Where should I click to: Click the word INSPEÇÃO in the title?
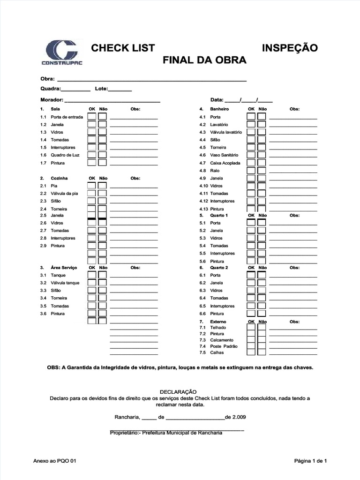tap(290, 48)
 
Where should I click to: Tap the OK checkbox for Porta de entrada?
tap(92, 117)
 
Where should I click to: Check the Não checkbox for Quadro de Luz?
tap(102, 155)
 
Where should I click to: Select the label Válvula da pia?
tap(65, 194)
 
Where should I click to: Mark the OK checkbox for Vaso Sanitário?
tap(252, 155)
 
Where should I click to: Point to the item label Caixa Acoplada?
tap(225, 163)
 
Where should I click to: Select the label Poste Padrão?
tap(224, 346)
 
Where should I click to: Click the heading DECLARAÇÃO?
tap(179, 392)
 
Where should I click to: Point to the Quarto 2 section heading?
tap(219, 268)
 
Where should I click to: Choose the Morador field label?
tap(52, 100)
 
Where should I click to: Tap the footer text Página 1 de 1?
tap(310, 461)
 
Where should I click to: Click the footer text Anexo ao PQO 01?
tap(55, 461)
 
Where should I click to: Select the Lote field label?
tap(102, 89)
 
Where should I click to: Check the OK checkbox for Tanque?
tap(92, 275)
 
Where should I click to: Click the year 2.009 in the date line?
tap(239, 417)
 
